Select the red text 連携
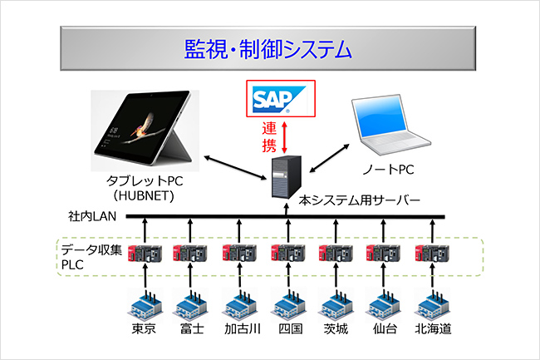268,138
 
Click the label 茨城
336,329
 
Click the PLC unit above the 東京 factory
144,253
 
